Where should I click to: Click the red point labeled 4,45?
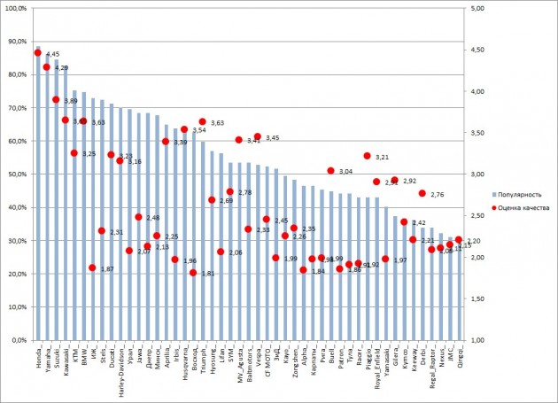coord(37,53)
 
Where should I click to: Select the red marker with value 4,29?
coord(46,66)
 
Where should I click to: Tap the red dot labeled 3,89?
coord(56,100)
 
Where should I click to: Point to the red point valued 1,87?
coord(92,267)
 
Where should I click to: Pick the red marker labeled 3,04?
coord(330,171)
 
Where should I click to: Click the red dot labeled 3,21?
coord(367,156)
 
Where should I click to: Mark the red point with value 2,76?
coord(422,193)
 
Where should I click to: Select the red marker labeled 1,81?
coord(193,273)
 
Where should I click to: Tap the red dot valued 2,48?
coord(138,217)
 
